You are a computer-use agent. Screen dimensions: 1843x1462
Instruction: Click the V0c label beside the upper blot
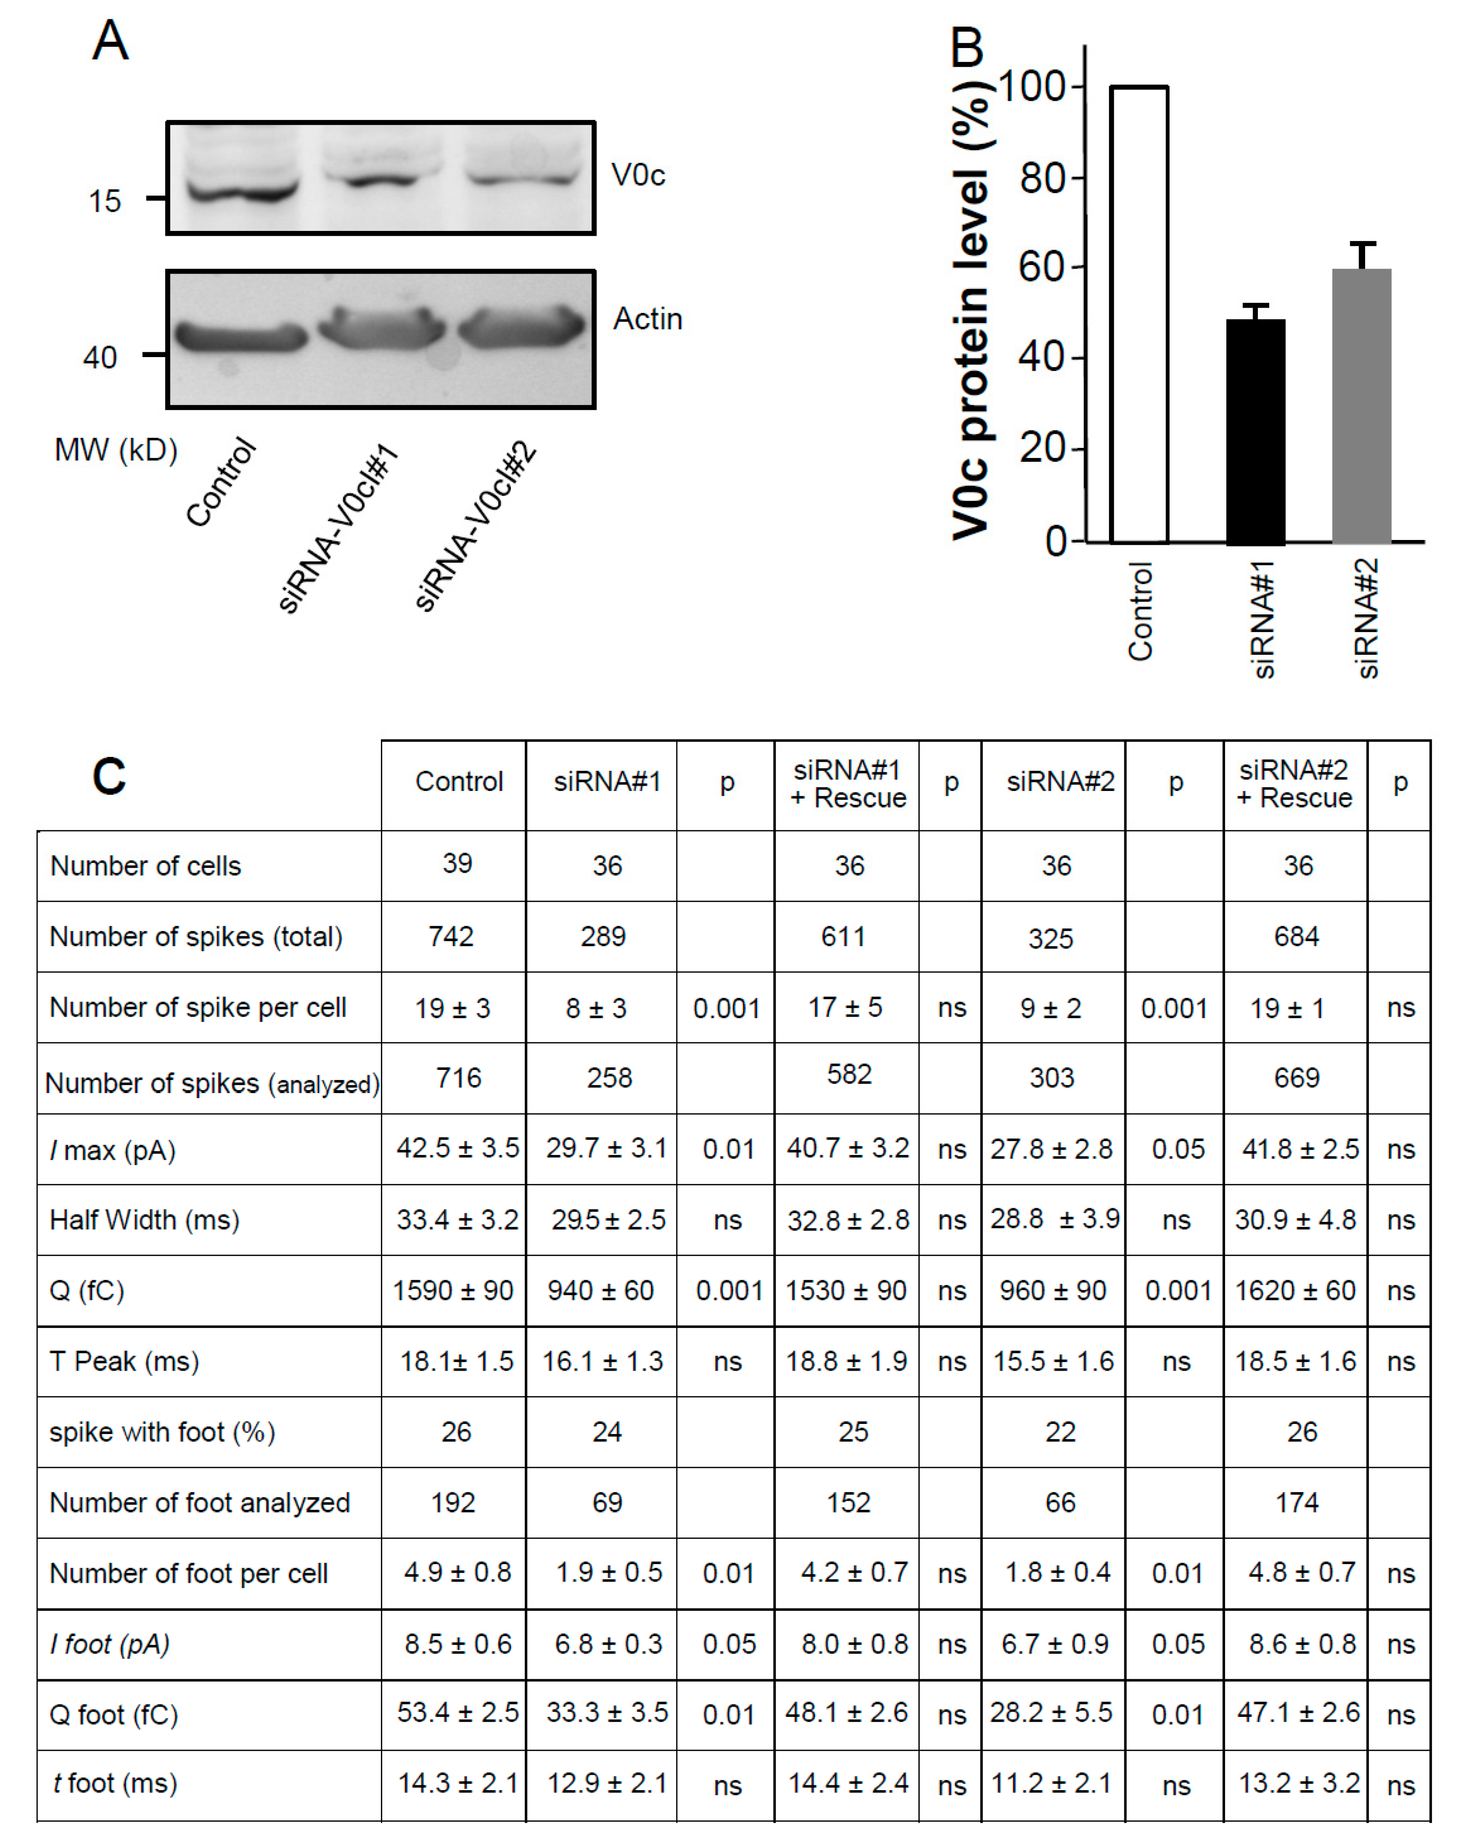pos(637,175)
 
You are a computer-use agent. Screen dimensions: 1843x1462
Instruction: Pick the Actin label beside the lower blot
pos(647,319)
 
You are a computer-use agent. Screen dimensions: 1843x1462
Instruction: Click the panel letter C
pos(110,777)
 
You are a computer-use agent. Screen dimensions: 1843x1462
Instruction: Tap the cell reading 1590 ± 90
pos(453,1290)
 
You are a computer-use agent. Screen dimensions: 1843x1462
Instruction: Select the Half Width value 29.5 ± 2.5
pos(607,1219)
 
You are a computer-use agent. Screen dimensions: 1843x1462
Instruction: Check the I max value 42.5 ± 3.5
pos(457,1148)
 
